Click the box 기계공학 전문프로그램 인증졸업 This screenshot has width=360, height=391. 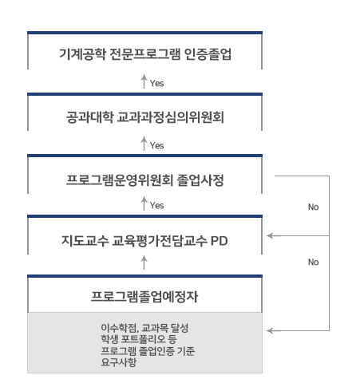[x=144, y=56]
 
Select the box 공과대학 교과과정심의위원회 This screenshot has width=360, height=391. [x=144, y=118]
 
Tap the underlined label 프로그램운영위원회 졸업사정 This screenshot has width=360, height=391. [x=144, y=180]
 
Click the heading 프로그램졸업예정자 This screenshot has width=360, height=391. [x=144, y=297]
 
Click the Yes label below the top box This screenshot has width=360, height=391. [x=156, y=82]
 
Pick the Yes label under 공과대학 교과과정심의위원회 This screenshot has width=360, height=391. [x=156, y=144]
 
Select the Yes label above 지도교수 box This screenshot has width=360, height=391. [x=156, y=206]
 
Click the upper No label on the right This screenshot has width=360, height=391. [x=312, y=207]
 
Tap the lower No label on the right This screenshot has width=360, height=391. [x=312, y=260]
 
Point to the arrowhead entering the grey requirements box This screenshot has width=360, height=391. [x=270, y=330]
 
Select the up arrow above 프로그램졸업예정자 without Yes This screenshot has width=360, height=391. [x=144, y=262]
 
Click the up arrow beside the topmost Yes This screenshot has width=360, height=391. [x=144, y=81]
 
